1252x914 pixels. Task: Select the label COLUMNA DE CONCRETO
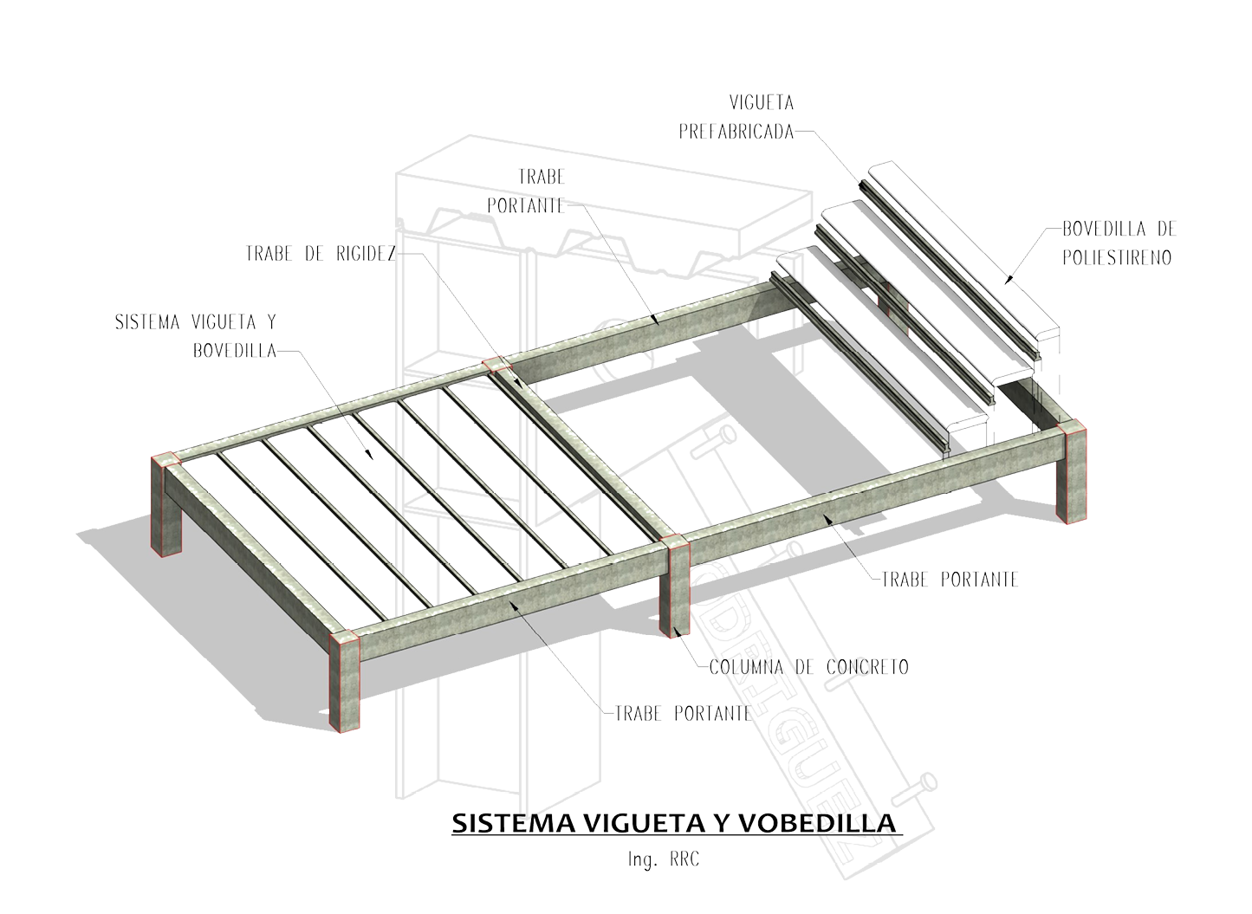coord(808,667)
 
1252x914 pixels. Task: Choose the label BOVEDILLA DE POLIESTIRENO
coord(1119,243)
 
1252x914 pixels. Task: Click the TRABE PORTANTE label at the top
coord(528,191)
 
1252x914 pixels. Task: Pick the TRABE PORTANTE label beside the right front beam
coord(949,579)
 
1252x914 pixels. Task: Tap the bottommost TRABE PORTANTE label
coord(682,714)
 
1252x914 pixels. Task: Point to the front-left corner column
coord(345,684)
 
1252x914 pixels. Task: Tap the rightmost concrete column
coord(1071,472)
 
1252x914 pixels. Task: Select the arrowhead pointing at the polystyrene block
coord(1008,279)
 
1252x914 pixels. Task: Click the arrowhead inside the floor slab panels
coord(370,453)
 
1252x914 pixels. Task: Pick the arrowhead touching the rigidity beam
coord(517,382)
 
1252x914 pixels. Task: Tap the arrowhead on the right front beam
coord(829,517)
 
